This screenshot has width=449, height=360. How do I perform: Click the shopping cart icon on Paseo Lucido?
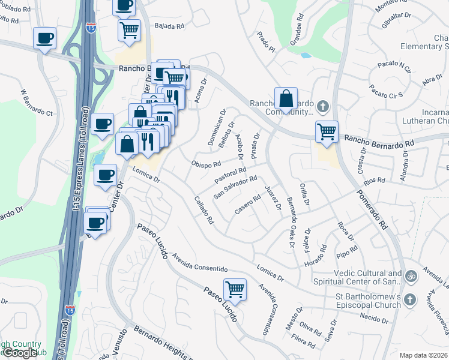[x=235, y=290]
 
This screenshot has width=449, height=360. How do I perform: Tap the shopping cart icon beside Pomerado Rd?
[x=327, y=131]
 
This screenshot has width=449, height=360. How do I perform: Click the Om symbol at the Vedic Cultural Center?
[x=411, y=277]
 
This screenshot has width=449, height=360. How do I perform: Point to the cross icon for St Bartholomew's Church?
[x=409, y=299]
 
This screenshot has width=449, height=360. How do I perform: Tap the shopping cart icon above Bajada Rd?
[x=130, y=30]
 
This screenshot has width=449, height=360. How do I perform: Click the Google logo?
[x=20, y=353]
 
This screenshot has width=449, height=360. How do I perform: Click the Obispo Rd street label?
[x=206, y=164]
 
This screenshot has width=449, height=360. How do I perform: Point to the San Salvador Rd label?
[x=236, y=186]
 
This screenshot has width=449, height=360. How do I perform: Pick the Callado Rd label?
[x=204, y=210]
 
